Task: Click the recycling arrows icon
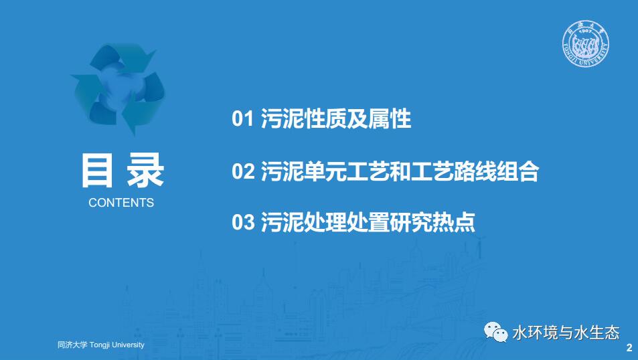coord(118,88)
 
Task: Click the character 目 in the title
coord(97,170)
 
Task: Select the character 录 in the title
coord(145,170)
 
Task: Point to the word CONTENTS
coord(121,203)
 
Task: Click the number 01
coord(243,119)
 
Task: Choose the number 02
coord(243,171)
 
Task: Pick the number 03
coord(243,222)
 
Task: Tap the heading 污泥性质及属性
coord(336,119)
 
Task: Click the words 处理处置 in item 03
coord(346,222)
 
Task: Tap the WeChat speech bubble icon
coord(495,332)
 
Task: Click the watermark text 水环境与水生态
coord(566,333)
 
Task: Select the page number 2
coord(629,348)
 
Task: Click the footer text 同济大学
coord(72,345)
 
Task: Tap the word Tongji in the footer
coord(100,345)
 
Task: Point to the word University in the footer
coord(128,345)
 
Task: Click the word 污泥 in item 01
coord(282,119)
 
